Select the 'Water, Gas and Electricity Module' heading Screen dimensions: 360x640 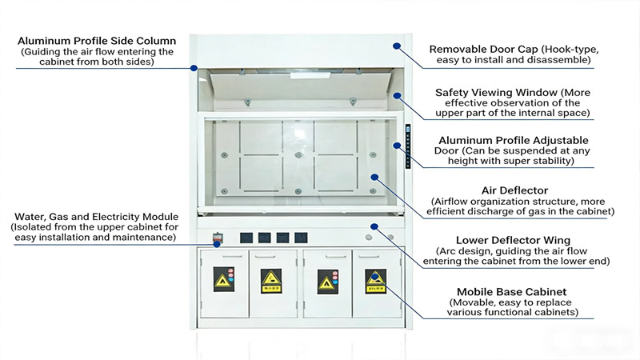(x=95, y=216)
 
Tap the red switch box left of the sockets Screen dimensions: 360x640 (x=217, y=238)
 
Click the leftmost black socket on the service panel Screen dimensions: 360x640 (x=247, y=238)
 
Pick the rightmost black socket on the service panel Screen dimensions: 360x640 (x=301, y=238)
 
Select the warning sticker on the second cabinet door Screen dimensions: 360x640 (x=271, y=281)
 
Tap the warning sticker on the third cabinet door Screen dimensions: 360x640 (x=327, y=281)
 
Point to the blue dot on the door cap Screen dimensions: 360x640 (x=396, y=46)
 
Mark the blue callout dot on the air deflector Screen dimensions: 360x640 (x=374, y=175)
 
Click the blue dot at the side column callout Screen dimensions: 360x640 (x=193, y=68)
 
